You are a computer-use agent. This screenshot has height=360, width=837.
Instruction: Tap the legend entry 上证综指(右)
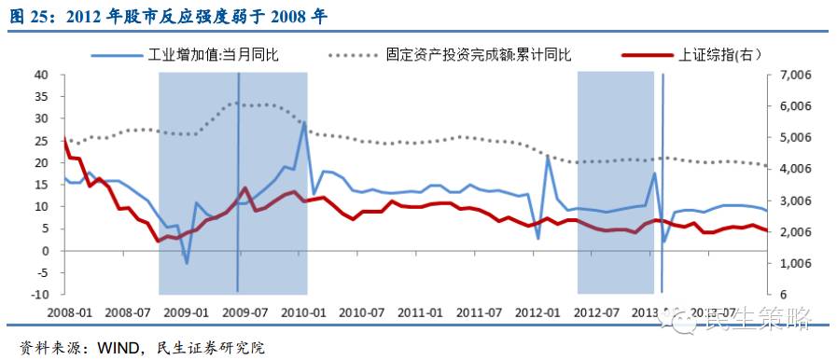(718, 55)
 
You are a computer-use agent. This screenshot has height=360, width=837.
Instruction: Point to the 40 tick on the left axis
(42, 75)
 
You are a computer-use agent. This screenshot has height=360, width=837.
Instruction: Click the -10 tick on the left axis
(39, 295)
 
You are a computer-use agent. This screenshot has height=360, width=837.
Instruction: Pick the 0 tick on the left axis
(45, 251)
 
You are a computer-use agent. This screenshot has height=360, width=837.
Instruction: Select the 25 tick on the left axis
(42, 141)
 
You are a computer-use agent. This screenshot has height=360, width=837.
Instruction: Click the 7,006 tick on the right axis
(784, 75)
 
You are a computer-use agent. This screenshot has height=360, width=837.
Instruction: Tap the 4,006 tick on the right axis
(784, 169)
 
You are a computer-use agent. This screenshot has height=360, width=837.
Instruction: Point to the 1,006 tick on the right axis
(784, 264)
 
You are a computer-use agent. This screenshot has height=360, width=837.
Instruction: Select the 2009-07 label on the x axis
(244, 312)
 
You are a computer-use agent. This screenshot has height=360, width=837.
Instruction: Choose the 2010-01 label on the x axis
(303, 312)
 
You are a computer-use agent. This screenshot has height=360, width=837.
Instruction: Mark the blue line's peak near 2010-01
(303, 122)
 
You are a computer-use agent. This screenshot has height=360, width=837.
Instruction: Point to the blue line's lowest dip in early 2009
(187, 263)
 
